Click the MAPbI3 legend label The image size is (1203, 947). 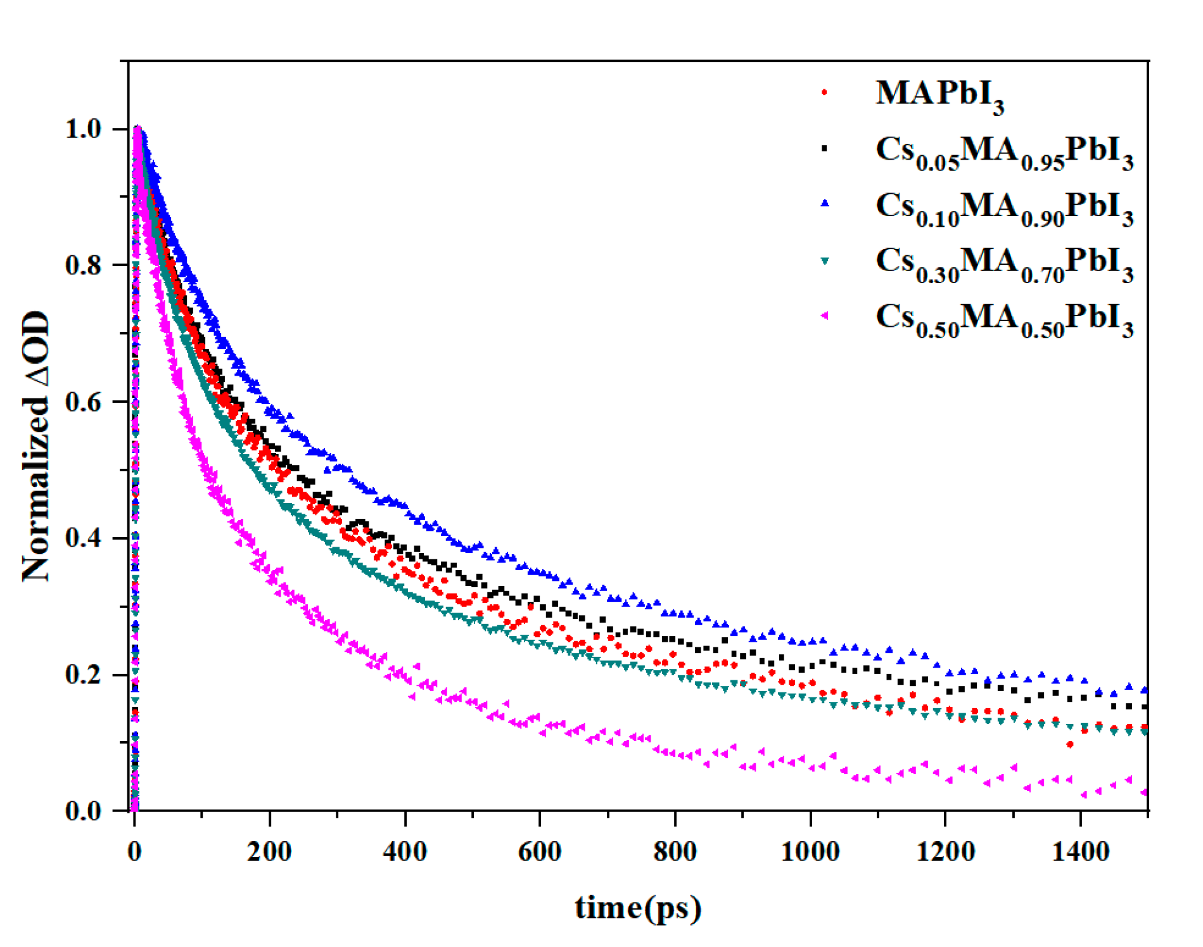pyautogui.click(x=939, y=95)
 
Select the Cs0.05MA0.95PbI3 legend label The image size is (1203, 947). pyautogui.click(x=1004, y=152)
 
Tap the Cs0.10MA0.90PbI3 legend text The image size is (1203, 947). pyautogui.click(x=1004, y=208)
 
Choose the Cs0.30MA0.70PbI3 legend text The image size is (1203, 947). pyautogui.click(x=1004, y=263)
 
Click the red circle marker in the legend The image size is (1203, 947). pyautogui.click(x=824, y=92)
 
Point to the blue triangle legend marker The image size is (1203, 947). pyautogui.click(x=825, y=203)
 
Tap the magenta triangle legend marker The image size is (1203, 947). pyautogui.click(x=824, y=315)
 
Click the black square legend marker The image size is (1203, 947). pyautogui.click(x=824, y=148)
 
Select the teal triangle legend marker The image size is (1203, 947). pyautogui.click(x=825, y=260)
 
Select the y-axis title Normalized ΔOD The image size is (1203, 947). pyautogui.click(x=36, y=446)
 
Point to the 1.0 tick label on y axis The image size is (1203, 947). pyautogui.click(x=83, y=129)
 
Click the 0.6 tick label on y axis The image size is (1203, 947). pyautogui.click(x=83, y=402)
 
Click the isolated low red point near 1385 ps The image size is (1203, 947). pyautogui.click(x=1070, y=744)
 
